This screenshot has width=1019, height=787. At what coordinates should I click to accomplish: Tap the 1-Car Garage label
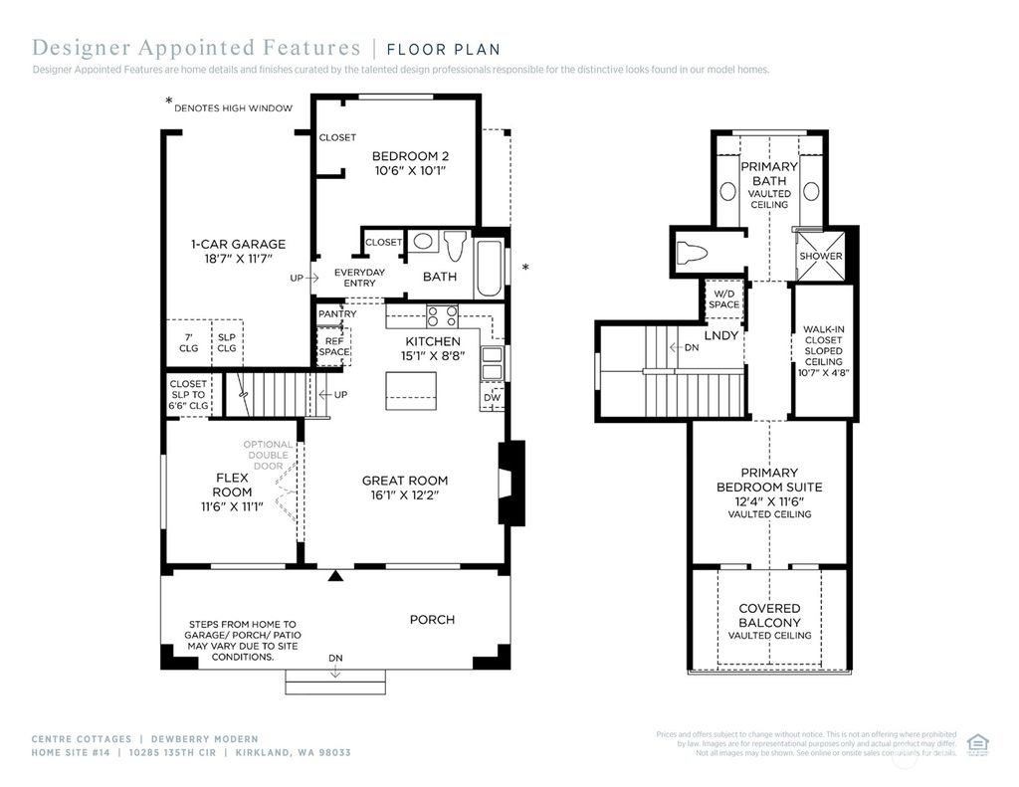click(x=238, y=244)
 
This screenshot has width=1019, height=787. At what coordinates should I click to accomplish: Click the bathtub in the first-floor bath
click(x=489, y=267)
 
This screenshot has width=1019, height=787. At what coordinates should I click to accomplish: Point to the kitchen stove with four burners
click(x=441, y=316)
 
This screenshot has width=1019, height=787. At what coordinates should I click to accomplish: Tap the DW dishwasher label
click(x=492, y=398)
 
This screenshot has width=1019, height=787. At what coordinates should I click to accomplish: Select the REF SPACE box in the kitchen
click(x=332, y=346)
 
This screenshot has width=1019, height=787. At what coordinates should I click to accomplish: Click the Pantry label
click(x=337, y=314)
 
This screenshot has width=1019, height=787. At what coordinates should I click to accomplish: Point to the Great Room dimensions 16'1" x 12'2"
click(x=404, y=494)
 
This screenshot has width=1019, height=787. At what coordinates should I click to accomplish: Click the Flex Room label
click(x=232, y=485)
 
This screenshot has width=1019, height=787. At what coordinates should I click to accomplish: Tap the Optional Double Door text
click(x=269, y=455)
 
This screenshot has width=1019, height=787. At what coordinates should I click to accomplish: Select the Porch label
click(x=432, y=620)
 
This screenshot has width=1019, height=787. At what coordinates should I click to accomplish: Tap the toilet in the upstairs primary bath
click(x=691, y=252)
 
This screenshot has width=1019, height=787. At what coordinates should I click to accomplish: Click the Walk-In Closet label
click(x=823, y=351)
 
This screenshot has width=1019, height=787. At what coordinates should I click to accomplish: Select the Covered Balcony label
click(x=769, y=615)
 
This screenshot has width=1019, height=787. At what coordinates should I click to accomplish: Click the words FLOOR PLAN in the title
click(x=443, y=49)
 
